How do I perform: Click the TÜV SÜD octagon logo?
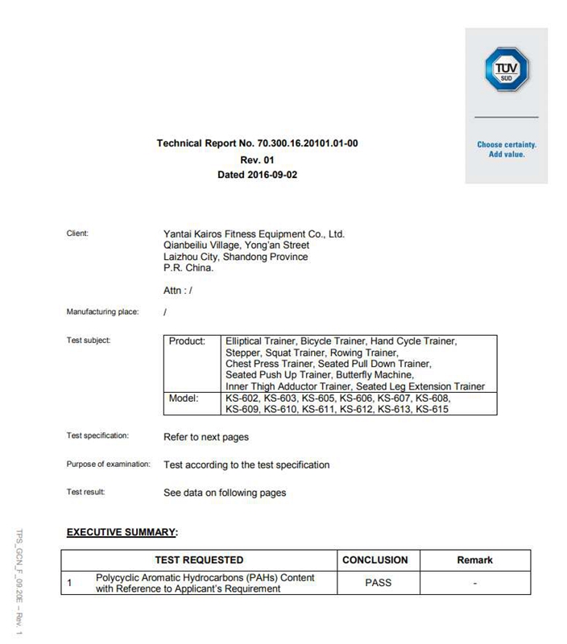coord(506,68)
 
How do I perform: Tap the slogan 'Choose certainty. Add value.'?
coord(506,150)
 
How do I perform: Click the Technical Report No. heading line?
coord(257,144)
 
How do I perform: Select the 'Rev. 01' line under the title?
coord(257,160)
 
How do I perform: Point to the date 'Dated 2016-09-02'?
coord(257,175)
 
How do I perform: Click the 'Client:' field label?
coord(77,233)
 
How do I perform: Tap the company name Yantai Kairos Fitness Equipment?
coord(254,234)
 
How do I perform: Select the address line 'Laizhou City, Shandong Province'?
coord(235,257)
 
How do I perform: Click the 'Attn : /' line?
coord(177,291)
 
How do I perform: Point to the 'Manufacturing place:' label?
coord(102,312)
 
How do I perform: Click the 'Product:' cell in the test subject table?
coord(187,341)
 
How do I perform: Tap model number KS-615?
coord(431,410)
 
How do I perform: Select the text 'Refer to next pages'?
coord(206,437)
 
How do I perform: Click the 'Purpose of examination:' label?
coord(108,464)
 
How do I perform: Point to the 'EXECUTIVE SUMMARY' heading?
coord(121,532)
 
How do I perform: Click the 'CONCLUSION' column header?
coord(375,559)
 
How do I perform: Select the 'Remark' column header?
coord(474,559)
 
